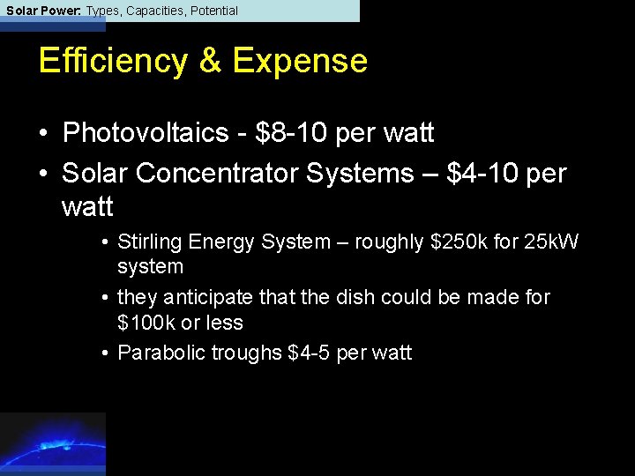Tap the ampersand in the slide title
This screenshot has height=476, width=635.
point(210,61)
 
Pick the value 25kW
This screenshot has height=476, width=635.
point(552,242)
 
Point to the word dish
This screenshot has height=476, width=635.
point(353,298)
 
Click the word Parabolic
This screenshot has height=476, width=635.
point(154,353)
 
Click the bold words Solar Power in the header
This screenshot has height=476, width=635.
point(40,11)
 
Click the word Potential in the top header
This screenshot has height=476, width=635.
point(213,11)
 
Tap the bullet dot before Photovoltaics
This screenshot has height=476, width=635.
point(43,134)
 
